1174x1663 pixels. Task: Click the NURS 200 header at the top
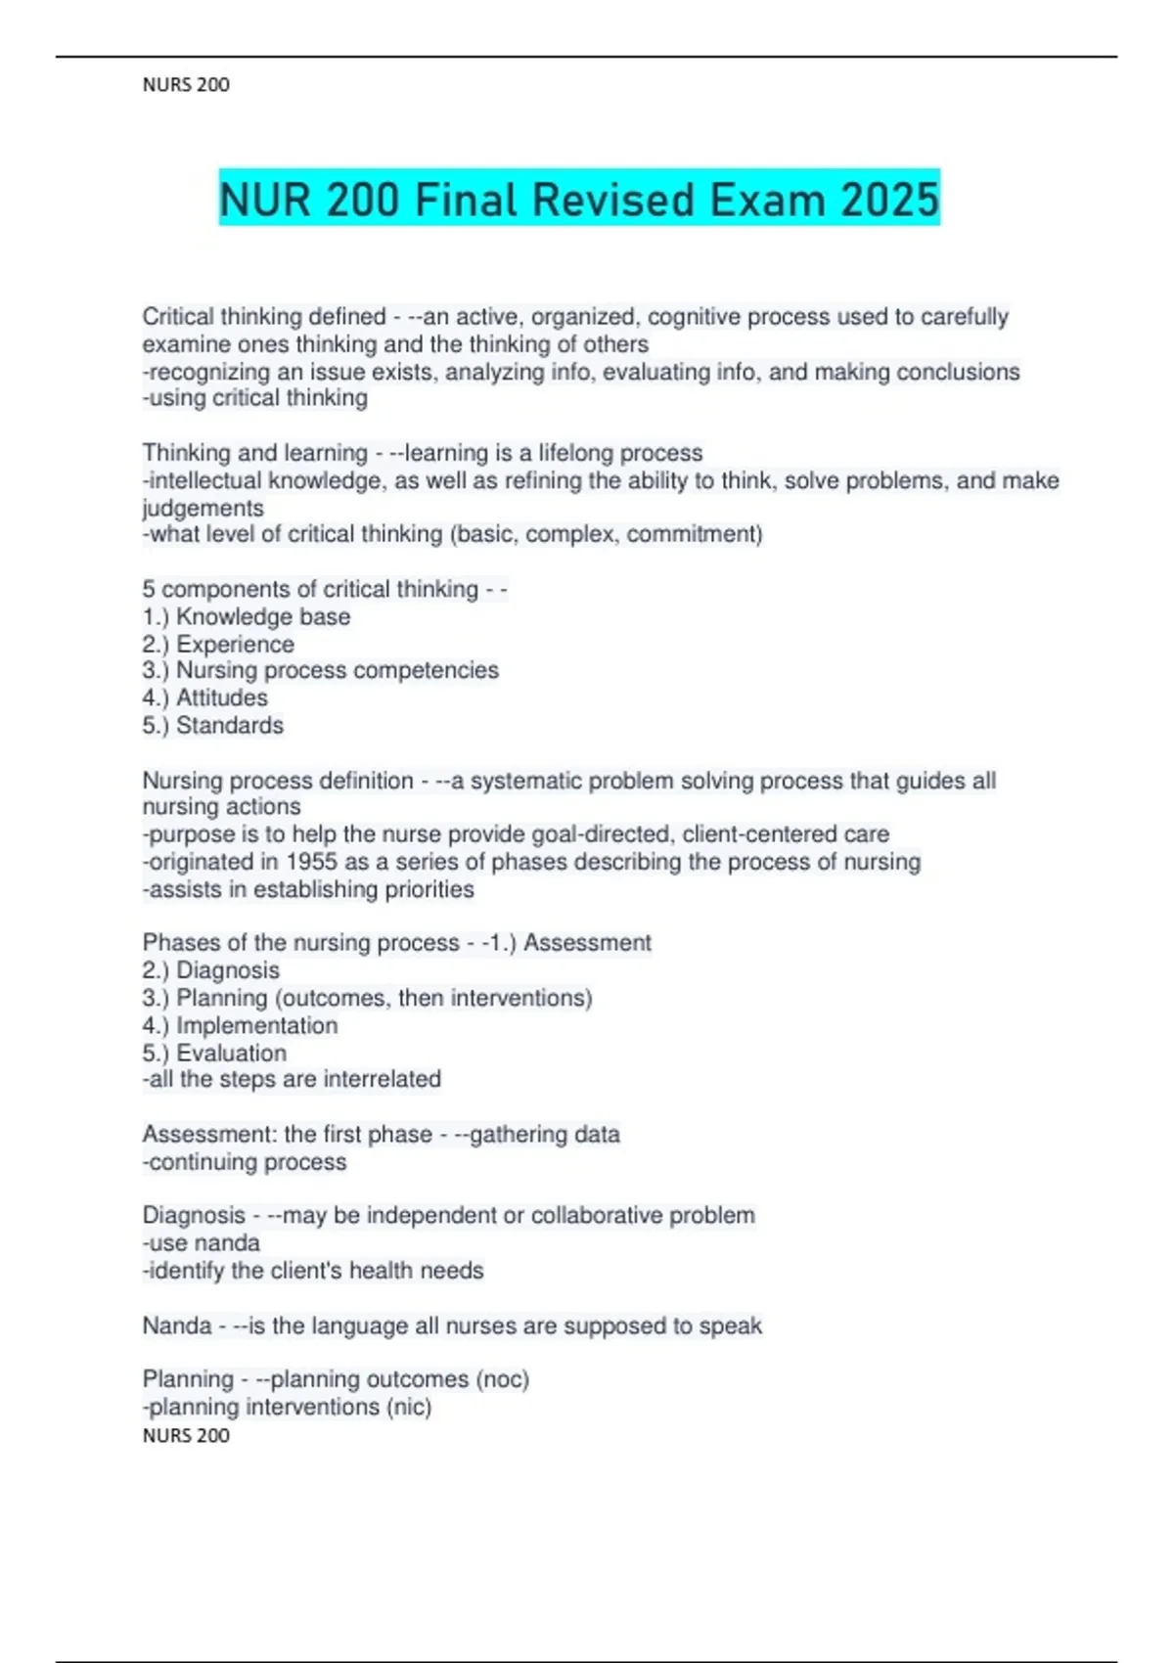(186, 85)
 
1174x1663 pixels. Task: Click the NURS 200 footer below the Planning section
(186, 1435)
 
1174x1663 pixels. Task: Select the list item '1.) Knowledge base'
(247, 617)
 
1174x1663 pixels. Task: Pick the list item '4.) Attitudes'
(205, 698)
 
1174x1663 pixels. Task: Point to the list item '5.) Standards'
(213, 726)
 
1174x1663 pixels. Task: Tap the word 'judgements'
(203, 508)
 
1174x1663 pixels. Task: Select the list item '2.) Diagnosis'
(211, 970)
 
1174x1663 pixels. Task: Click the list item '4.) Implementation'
(241, 1026)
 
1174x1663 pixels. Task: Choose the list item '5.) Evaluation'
(215, 1054)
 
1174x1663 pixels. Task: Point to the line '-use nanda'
(202, 1243)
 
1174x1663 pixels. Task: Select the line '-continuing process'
(245, 1162)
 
